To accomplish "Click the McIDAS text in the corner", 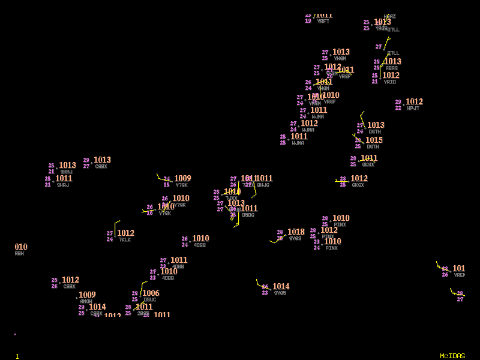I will pyautogui.click(x=452, y=356).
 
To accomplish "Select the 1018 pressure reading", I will pyautogui.click(x=296, y=232).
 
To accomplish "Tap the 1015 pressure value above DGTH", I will pyautogui.click(x=374, y=140).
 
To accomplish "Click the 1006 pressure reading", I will pyautogui.click(x=151, y=293).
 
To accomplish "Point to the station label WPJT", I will pyautogui.click(x=413, y=109).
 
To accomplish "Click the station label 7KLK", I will pyautogui.click(x=124, y=240).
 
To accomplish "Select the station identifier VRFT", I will pyautogui.click(x=323, y=22).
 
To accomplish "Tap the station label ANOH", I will pyautogui.click(x=86, y=301).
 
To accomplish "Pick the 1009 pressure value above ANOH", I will pyautogui.click(x=87, y=295).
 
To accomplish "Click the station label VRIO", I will pyautogui.click(x=389, y=82).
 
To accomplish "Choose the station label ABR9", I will pyautogui.click(x=391, y=68).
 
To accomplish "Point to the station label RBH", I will pyautogui.click(x=19, y=254).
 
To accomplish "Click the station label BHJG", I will pyautogui.click(x=263, y=185).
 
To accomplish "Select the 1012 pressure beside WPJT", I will pyautogui.click(x=414, y=102).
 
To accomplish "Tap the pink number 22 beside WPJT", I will pyautogui.click(x=398, y=108).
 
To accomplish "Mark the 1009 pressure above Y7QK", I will pyautogui.click(x=182, y=179).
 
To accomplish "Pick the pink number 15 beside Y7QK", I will pyautogui.click(x=166, y=185).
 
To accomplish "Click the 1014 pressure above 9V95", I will pyautogui.click(x=281, y=287).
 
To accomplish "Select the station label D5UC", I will pyautogui.click(x=150, y=300).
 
